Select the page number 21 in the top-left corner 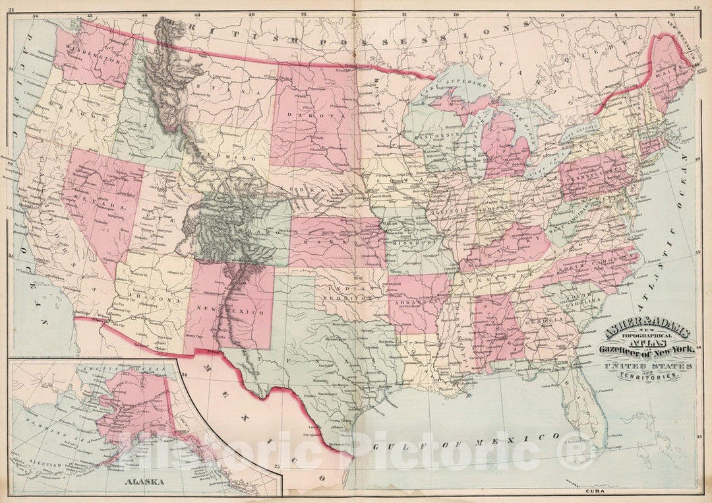[x=10, y=7]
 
